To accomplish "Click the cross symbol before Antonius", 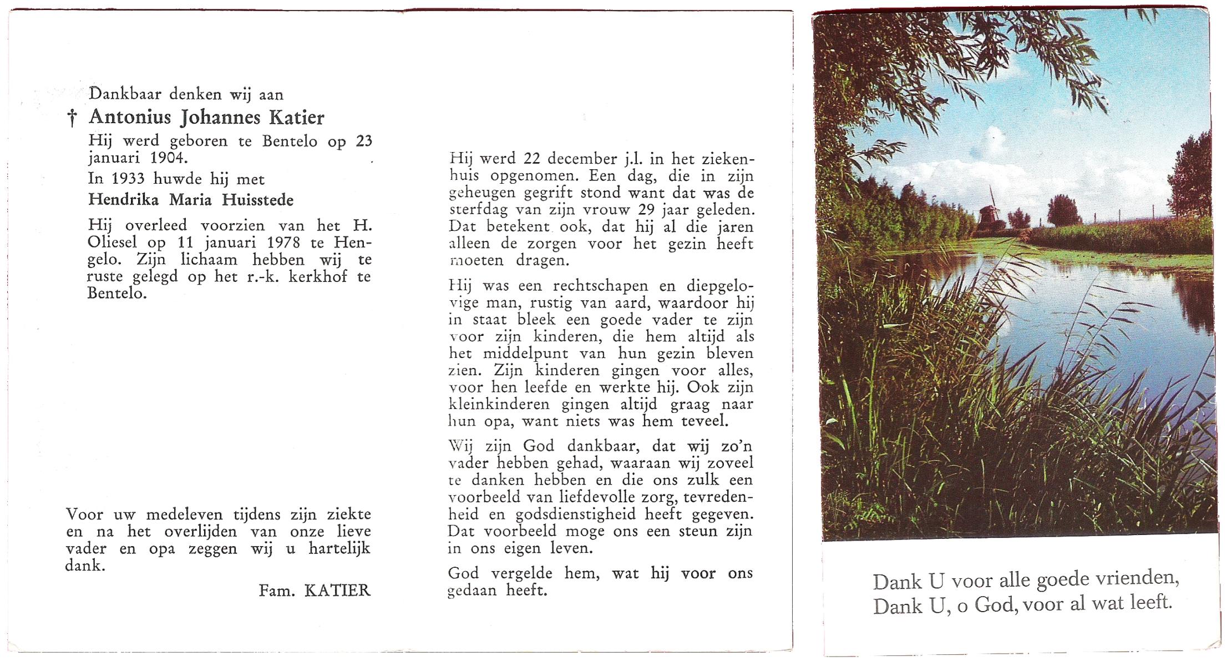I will (72, 118).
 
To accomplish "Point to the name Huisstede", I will (257, 200).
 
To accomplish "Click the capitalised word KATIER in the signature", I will (337, 591).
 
